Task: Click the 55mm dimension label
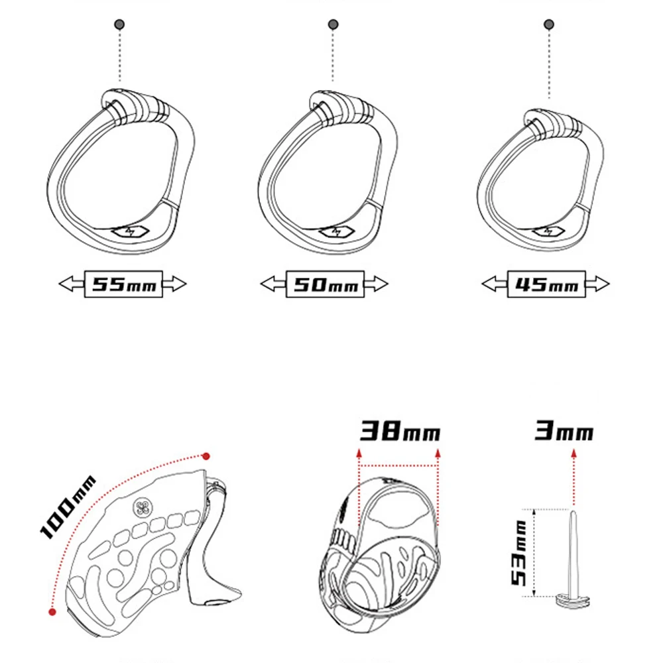[x=123, y=284]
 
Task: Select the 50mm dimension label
[x=325, y=284]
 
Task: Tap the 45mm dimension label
[x=547, y=284]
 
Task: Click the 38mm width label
[x=400, y=433]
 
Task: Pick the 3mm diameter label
[x=564, y=433]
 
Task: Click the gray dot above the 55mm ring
[x=120, y=25]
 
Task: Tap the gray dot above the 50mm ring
[x=333, y=25]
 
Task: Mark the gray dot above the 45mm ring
[x=548, y=25]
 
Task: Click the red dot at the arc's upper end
[x=206, y=456]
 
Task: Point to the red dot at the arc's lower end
[x=52, y=611]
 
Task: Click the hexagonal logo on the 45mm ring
[x=547, y=231]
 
